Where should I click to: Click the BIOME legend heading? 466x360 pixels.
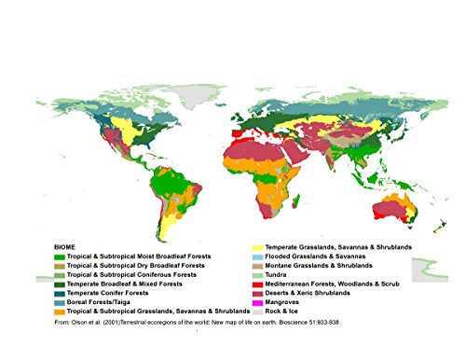pos(65,245)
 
